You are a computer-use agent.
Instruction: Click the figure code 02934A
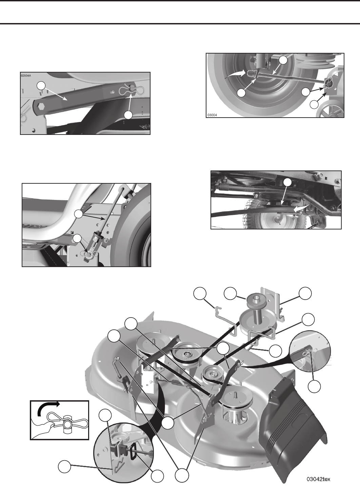tap(26, 75)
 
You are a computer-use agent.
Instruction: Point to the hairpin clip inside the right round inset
tap(309, 356)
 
